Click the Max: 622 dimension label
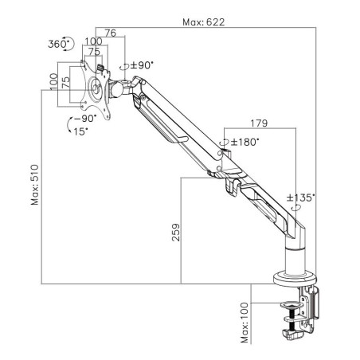[204, 22]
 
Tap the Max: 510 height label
[35, 185]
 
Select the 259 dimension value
[176, 233]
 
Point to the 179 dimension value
[259, 123]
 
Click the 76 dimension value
[111, 33]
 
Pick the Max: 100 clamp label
[245, 323]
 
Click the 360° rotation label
[58, 44]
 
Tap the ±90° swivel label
[142, 65]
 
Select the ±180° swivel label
[245, 142]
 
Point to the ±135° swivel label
[301, 198]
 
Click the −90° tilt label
[85, 119]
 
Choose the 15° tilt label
[80, 131]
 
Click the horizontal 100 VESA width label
[93, 41]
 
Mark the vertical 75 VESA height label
[66, 83]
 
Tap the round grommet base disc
[295, 279]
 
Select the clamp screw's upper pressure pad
[292, 305]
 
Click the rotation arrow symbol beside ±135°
[296, 207]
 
